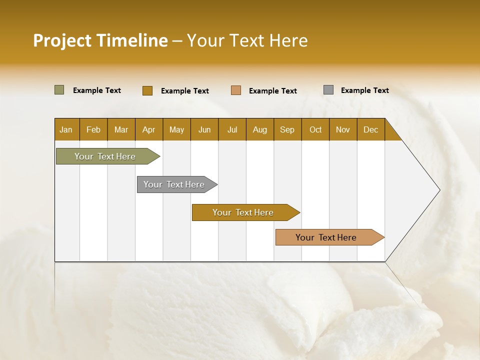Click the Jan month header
pos(66,129)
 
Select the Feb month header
pos(93,129)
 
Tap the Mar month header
pos(121,129)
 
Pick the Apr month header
pos(149,129)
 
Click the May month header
pos(176,129)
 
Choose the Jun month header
pos(204,129)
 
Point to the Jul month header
pos(232,129)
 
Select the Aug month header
pos(260,129)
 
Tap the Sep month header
pos(287,129)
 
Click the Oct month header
pos(315,129)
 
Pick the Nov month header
pos(343,129)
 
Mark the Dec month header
pos(371,129)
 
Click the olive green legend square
pos(59,90)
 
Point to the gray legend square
pos(328,90)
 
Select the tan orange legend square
pos(236,90)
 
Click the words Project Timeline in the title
pos(100,40)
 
